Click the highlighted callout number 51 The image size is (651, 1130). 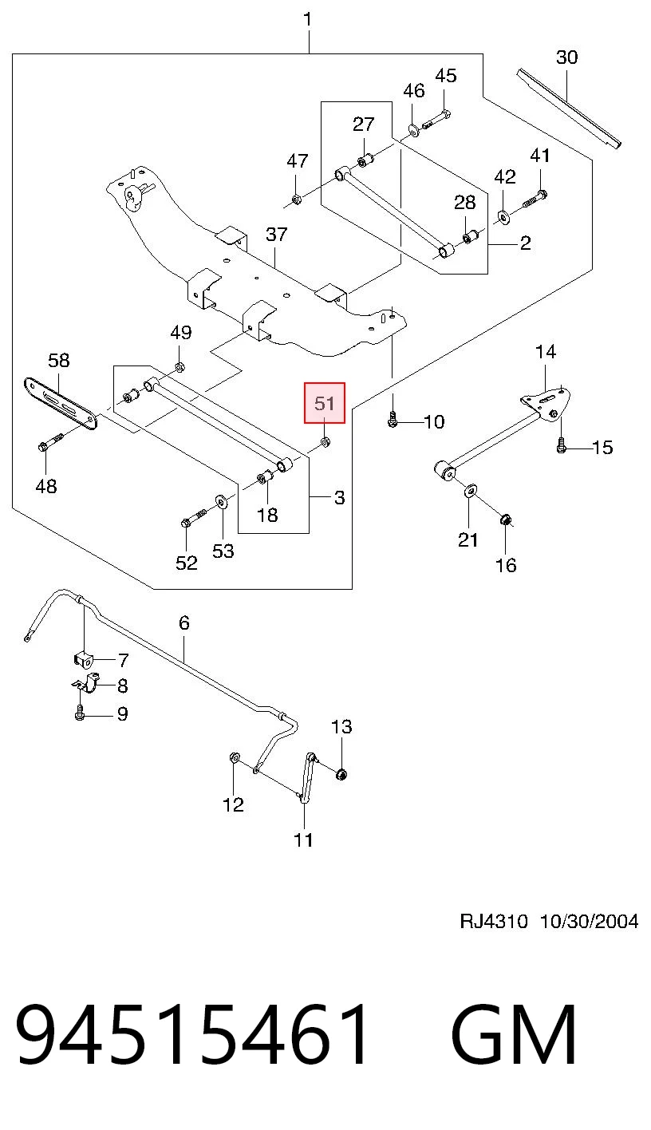(x=324, y=403)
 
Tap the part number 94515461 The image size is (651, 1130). (x=191, y=1034)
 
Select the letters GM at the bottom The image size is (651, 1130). (x=514, y=1034)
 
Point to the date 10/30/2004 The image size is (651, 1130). (x=589, y=922)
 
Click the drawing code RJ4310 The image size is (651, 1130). (x=494, y=922)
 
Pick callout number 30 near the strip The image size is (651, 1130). (x=566, y=57)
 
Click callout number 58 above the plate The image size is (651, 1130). (x=58, y=360)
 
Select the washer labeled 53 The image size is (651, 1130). (x=221, y=503)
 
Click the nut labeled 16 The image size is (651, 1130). (x=505, y=519)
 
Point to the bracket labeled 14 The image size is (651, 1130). (x=546, y=402)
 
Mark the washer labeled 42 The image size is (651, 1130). (x=503, y=217)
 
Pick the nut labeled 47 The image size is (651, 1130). (x=296, y=200)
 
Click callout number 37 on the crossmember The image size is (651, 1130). (x=276, y=234)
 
